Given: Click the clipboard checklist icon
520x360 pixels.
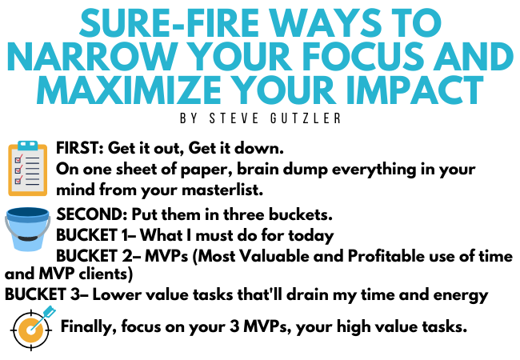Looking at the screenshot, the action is click(x=27, y=168).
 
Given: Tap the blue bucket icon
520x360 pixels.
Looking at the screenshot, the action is click(x=28, y=229).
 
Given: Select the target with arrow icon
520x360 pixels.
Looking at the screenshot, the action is click(x=33, y=328).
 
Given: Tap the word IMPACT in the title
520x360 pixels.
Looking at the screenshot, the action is click(x=414, y=90).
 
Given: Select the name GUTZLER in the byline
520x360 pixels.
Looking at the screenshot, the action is click(x=306, y=118).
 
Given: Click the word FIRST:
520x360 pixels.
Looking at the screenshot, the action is click(x=80, y=148).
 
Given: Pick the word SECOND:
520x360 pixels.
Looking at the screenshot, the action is click(x=92, y=214).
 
